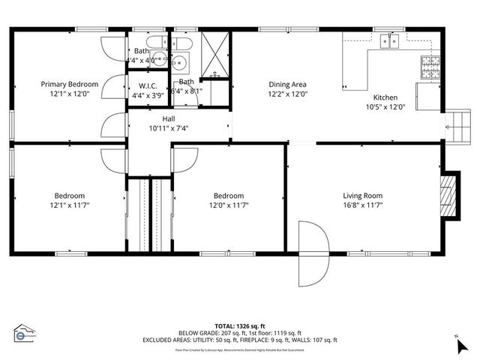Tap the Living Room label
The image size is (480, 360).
click(x=363, y=196)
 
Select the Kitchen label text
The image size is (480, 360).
click(x=385, y=97)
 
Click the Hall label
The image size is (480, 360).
click(x=169, y=118)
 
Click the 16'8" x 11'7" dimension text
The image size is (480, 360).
click(x=363, y=205)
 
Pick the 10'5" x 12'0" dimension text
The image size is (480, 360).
click(x=385, y=106)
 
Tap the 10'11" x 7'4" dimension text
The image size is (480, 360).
click(x=169, y=127)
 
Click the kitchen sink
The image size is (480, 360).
click(x=389, y=42)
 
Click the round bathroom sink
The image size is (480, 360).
click(x=180, y=62)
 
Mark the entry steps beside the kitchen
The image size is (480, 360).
click(x=456, y=127)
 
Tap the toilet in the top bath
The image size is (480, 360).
click(x=154, y=43)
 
